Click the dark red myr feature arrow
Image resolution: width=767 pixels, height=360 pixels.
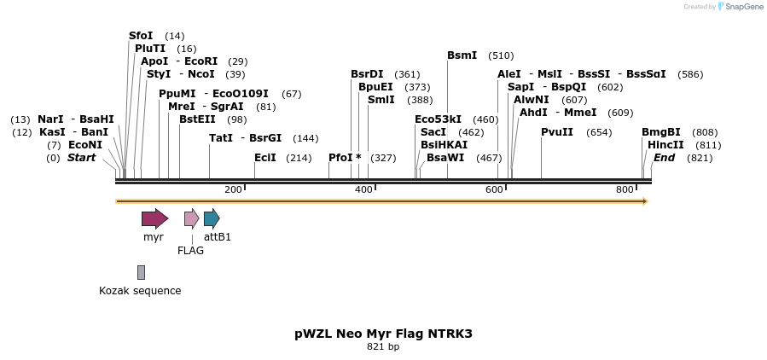point(154,218)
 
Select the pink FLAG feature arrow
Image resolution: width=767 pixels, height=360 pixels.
point(191,218)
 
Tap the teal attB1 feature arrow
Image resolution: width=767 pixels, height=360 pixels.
point(212,218)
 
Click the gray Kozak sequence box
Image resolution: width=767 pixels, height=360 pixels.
point(141,272)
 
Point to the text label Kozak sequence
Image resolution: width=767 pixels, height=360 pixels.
point(140,290)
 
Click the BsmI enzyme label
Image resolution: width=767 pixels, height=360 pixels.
point(462,55)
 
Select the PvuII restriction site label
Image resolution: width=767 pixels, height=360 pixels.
point(557,132)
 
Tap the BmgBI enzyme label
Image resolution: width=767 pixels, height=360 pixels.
point(661,132)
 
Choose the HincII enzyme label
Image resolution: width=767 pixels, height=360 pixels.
point(665,145)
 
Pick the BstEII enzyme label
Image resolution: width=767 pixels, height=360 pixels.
point(197,119)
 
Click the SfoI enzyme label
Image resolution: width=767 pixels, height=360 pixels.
point(141,36)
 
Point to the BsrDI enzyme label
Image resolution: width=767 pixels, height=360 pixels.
point(367,74)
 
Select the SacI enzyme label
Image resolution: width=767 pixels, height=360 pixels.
point(433,132)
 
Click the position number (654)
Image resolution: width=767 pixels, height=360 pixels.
point(600,132)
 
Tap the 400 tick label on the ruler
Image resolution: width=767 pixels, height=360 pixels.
point(363,189)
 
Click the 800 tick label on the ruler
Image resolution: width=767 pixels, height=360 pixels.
point(625,189)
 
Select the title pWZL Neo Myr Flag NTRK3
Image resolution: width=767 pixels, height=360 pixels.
point(383,334)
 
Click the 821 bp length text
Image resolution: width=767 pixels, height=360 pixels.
point(383,347)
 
